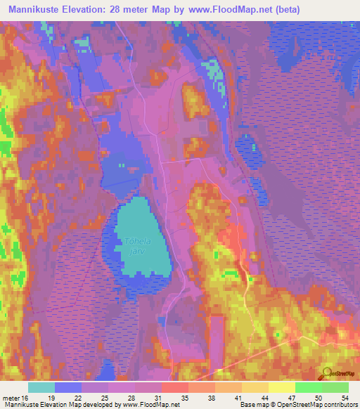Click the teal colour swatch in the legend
coord(41,387)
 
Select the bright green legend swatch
coord(309,387)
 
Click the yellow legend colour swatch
coord(282,387)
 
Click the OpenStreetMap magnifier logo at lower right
coord(327,373)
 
